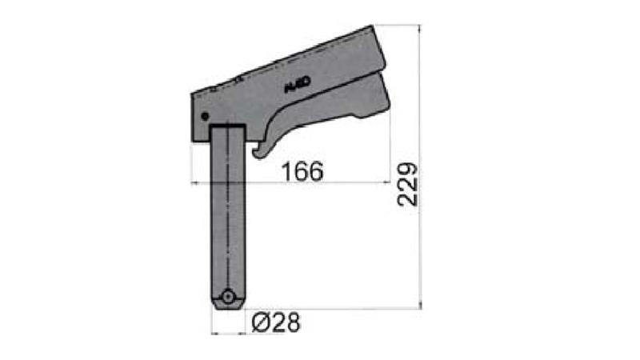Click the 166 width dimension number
click(302, 170)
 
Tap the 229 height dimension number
click(408, 185)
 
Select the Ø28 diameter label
click(275, 323)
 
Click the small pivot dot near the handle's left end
click(203, 115)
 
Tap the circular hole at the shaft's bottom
click(229, 297)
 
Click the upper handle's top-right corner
click(373, 27)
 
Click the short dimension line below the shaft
click(229, 332)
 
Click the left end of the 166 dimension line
click(191, 183)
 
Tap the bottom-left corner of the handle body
click(194, 141)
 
